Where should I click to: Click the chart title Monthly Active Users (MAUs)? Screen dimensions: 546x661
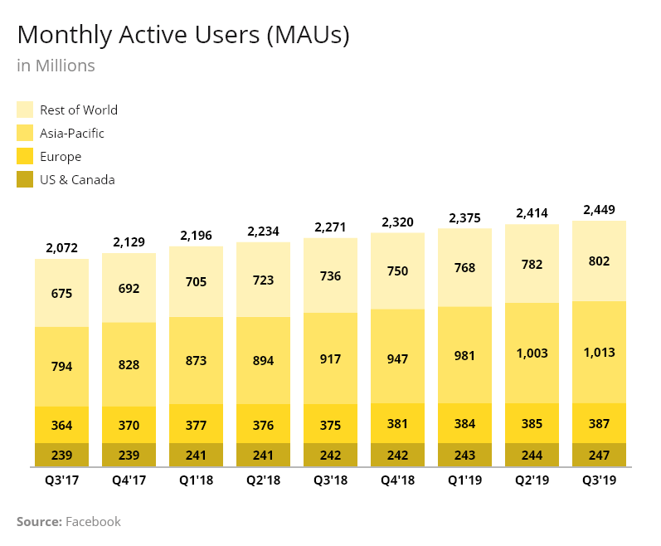tap(183, 36)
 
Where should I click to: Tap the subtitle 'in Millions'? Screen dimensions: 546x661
tap(56, 66)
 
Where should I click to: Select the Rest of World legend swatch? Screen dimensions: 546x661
tap(25, 110)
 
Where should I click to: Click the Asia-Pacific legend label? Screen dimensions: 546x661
tap(72, 133)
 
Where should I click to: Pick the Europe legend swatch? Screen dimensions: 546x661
tap(25, 156)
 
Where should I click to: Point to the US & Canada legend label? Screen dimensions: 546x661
tap(77, 179)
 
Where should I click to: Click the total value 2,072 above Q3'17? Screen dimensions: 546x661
tap(61, 247)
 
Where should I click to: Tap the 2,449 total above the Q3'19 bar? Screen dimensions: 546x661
tap(599, 209)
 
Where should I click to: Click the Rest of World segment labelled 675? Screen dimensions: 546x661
tap(61, 293)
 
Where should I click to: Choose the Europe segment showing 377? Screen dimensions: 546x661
tap(196, 424)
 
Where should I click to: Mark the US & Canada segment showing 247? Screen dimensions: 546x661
tap(599, 455)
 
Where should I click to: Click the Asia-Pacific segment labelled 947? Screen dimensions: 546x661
tap(397, 359)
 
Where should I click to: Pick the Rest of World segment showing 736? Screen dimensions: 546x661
tap(330, 275)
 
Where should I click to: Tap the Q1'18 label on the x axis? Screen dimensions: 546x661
tap(196, 479)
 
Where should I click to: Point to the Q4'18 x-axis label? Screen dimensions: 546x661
tap(397, 479)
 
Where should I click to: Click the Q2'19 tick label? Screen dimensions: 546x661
tap(532, 479)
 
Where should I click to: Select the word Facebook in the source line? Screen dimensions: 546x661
tap(93, 521)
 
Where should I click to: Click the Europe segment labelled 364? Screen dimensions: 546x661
tap(61, 425)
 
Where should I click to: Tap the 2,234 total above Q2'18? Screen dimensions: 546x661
tap(263, 231)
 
